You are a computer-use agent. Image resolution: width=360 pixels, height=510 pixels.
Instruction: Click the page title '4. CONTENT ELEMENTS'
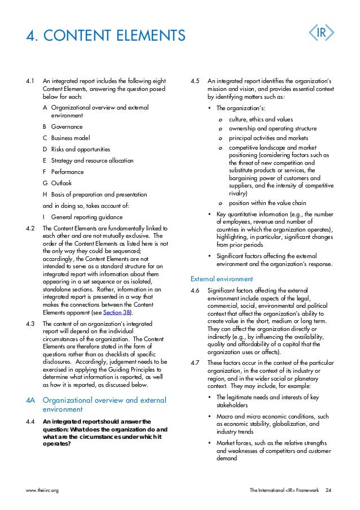106,36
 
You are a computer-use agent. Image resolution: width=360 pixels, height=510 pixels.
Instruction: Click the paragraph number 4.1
31,81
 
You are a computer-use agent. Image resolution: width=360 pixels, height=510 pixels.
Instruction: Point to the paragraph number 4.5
195,81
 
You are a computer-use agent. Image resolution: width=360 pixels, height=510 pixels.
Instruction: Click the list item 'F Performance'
63,172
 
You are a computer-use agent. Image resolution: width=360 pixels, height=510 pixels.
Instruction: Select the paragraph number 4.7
195,363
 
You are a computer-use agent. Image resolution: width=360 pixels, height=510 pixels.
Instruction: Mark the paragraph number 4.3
31,324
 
